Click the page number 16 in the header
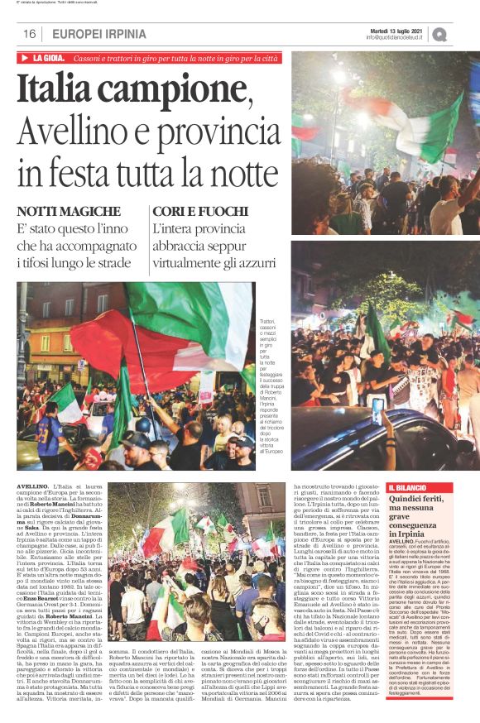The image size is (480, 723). pyautogui.click(x=29, y=34)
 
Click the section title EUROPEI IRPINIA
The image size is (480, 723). pyautogui.click(x=98, y=34)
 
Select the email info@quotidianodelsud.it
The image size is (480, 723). pyautogui.click(x=395, y=37)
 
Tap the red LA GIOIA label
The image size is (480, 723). pyautogui.click(x=49, y=59)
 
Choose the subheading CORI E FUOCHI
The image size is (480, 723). pyautogui.click(x=193, y=212)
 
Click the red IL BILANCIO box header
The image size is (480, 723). pyautogui.click(x=410, y=489)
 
